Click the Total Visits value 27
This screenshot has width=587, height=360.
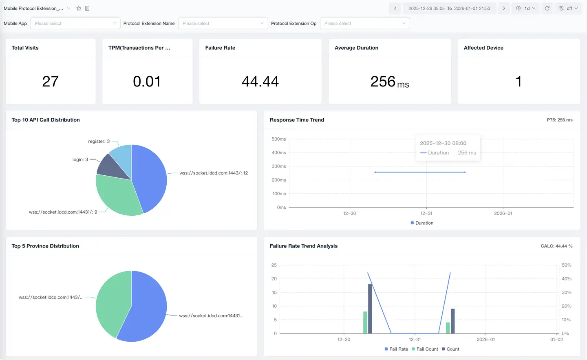click(x=51, y=82)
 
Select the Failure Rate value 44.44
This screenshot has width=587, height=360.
click(x=260, y=82)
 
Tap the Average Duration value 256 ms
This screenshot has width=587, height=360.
click(x=389, y=82)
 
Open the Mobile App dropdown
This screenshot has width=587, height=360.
click(x=75, y=23)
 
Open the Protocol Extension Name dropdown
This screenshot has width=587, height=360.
click(x=223, y=23)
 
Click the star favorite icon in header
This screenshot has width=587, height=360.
click(x=79, y=8)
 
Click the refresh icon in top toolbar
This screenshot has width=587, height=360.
click(x=547, y=8)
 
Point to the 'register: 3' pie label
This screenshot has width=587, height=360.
click(x=99, y=141)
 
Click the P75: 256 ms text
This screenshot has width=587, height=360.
click(x=559, y=120)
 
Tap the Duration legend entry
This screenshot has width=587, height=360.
click(x=422, y=223)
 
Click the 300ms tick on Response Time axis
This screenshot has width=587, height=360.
click(x=279, y=166)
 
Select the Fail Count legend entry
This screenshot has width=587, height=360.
click(x=425, y=349)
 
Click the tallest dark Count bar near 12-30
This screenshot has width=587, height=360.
click(x=370, y=309)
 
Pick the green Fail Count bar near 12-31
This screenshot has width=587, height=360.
click(x=448, y=328)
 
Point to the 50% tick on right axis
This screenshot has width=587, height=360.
click(x=566, y=265)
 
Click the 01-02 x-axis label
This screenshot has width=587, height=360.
click(x=556, y=339)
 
